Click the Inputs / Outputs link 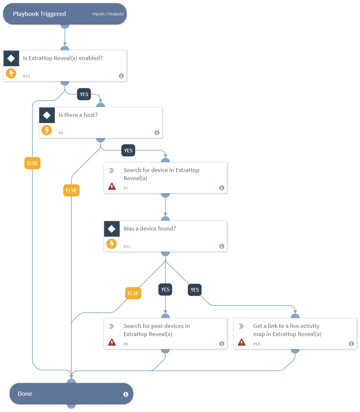pos(108,14)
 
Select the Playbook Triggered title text pos(39,14)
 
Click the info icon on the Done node pos(126,394)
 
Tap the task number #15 pos(26,76)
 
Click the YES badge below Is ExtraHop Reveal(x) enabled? pos(84,94)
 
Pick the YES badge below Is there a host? pos(128,151)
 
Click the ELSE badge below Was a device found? pos(133,293)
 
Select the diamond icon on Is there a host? pos(47,115)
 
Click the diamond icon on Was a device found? pos(112,229)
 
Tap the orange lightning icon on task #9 pos(47,130)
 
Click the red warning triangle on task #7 pos(112,186)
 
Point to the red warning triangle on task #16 pos(242,342)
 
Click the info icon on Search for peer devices pos(222,344)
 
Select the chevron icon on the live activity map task pos(241,326)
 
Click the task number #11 pos(127,247)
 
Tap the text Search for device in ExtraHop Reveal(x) pos(161,174)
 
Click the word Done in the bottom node pos(25,394)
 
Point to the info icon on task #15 pos(121,76)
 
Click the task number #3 pos(126,344)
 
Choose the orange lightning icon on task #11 pos(112,244)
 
